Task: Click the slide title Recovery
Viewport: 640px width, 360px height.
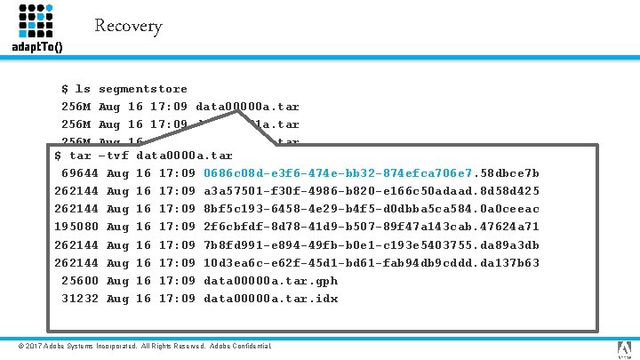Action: point(128,26)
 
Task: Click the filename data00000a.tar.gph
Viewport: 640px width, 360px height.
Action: point(270,280)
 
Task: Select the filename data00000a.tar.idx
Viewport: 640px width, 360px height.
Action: point(270,298)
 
